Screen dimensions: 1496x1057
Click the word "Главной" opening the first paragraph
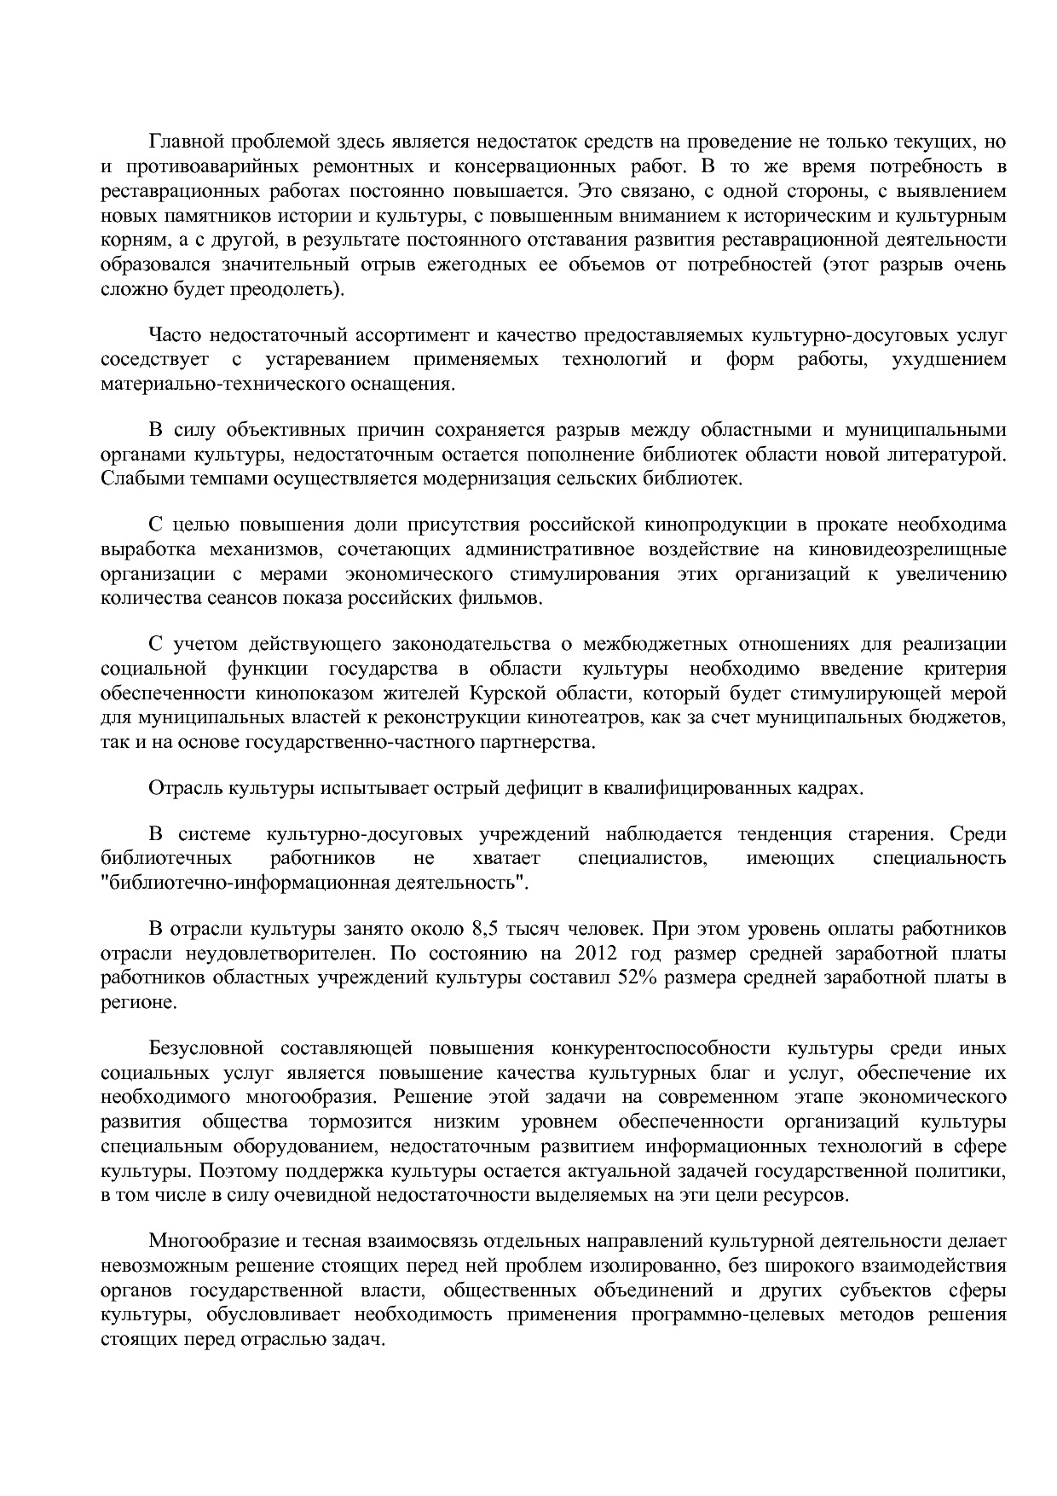pyautogui.click(x=184, y=141)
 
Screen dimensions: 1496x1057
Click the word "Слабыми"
pyautogui.click(x=132, y=478)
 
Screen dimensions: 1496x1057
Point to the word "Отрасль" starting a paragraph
pyautogui.click(x=183, y=788)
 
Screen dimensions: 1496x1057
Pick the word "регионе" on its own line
pyautogui.click(x=126, y=1003)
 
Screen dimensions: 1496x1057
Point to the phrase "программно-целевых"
pyautogui.click(x=727, y=1315)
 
